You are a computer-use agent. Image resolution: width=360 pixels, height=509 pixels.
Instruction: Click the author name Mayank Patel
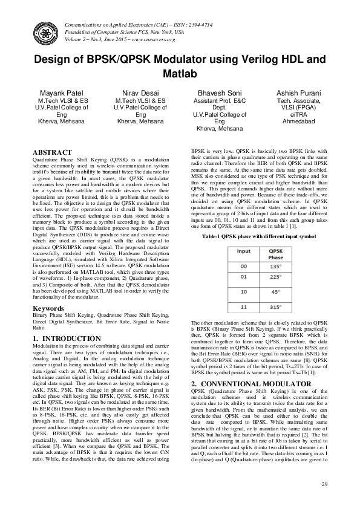point(62,93)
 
